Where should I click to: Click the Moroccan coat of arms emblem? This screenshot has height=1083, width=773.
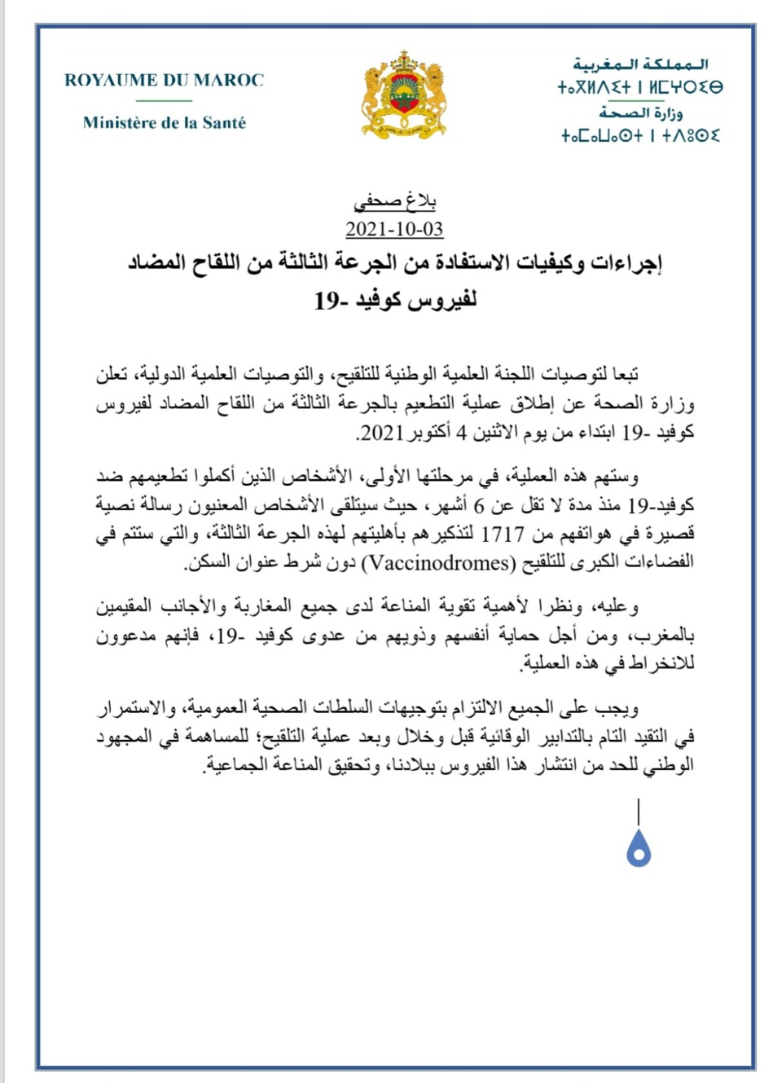pyautogui.click(x=405, y=95)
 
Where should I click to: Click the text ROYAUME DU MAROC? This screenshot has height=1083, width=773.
pyautogui.click(x=165, y=80)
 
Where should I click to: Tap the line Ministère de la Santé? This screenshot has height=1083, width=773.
pyautogui.click(x=165, y=123)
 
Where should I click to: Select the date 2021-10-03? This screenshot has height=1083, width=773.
pyautogui.click(x=394, y=229)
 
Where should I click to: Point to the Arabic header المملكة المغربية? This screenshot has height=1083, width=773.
pyautogui.click(x=641, y=64)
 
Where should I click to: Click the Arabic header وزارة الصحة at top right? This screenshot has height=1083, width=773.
pyautogui.click(x=641, y=112)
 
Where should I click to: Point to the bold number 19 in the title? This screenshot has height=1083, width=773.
pyautogui.click(x=327, y=302)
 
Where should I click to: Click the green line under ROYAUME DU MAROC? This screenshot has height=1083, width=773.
pyautogui.click(x=165, y=101)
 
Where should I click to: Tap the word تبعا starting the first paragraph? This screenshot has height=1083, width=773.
pyautogui.click(x=620, y=374)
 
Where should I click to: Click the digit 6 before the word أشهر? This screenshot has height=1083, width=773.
pyautogui.click(x=480, y=506)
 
